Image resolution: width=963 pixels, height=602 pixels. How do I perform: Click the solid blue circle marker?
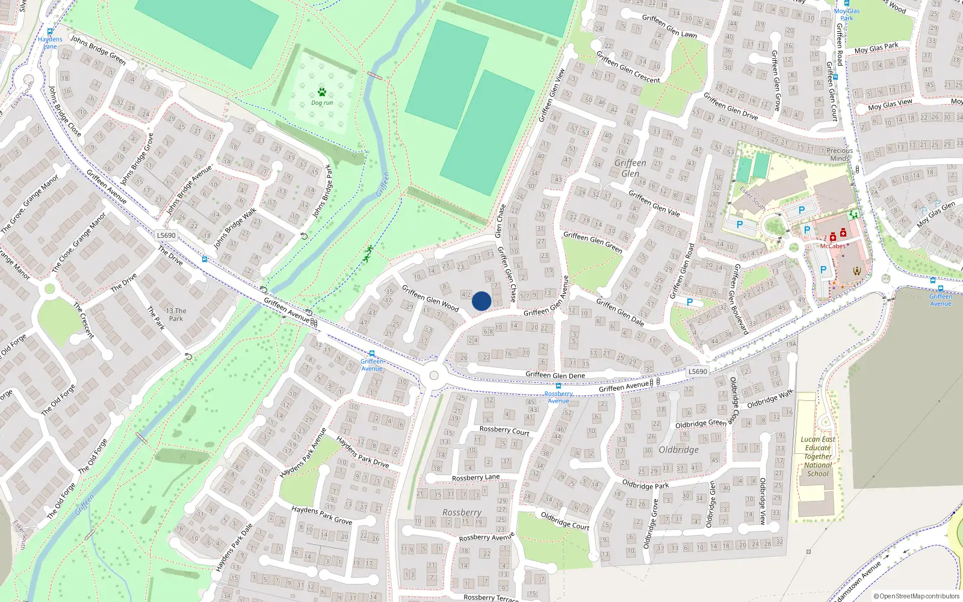(482, 301)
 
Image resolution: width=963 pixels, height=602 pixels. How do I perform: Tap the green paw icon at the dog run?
(322, 92)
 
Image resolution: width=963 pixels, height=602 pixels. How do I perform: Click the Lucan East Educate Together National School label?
(818, 456)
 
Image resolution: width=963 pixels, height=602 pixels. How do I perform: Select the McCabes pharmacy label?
(832, 246)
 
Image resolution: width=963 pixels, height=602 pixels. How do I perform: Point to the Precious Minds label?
(840, 154)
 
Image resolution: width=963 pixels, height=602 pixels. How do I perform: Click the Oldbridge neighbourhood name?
(679, 450)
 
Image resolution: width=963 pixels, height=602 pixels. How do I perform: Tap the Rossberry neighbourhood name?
(462, 512)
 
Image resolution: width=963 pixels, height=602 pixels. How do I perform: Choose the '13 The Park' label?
(176, 315)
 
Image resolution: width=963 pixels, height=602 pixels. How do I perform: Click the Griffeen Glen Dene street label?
(555, 375)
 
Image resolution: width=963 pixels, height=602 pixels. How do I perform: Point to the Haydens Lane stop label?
(50, 43)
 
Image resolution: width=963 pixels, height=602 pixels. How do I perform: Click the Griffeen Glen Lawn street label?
(669, 26)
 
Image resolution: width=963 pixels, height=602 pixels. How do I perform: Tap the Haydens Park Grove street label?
(322, 515)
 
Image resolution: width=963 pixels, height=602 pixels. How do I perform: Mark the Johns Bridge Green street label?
(98, 49)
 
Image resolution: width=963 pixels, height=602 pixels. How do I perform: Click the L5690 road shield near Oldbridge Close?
(698, 371)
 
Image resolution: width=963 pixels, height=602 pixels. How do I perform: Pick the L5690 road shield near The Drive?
(166, 235)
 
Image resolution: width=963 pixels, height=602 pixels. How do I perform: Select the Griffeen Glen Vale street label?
(654, 202)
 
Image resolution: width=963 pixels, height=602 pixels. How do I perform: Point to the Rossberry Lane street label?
(475, 477)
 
